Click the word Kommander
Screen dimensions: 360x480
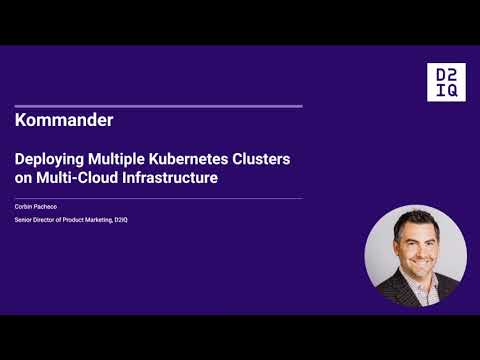[65, 120]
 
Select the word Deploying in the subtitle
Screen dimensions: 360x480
[48, 160]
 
